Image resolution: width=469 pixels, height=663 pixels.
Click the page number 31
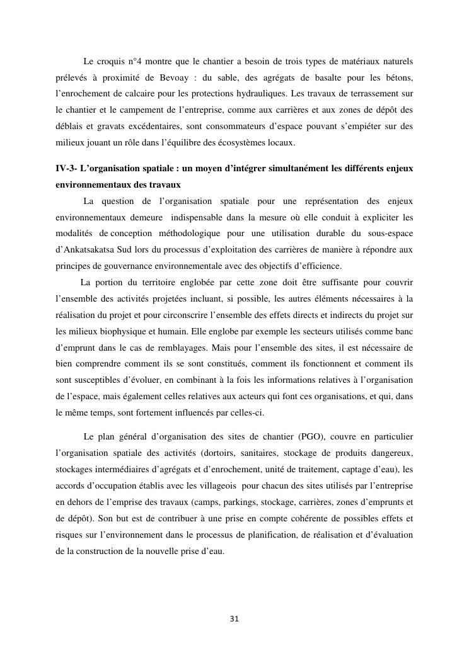234,619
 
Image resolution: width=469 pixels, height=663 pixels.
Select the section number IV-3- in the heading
66,168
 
